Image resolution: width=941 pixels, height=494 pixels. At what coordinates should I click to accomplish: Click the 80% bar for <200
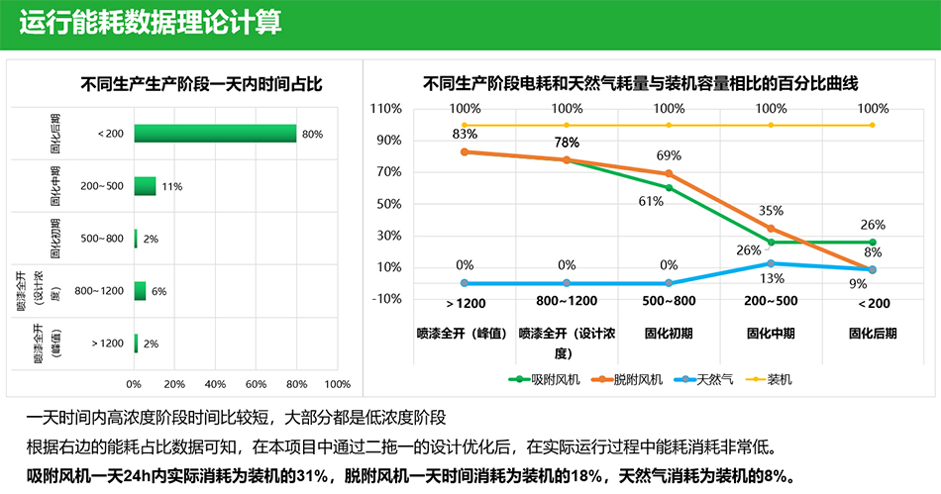coord(215,134)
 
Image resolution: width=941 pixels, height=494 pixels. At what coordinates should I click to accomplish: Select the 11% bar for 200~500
coord(145,186)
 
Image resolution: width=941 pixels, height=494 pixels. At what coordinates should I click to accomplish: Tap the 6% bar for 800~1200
coord(140,291)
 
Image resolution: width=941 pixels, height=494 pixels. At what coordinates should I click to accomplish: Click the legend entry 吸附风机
coord(545,379)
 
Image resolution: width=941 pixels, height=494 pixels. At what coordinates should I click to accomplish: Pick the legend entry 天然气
coord(703,379)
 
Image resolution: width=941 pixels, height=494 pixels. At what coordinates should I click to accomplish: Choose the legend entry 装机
coord(769,379)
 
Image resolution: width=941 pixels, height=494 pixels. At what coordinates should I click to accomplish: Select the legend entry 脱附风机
coord(627,379)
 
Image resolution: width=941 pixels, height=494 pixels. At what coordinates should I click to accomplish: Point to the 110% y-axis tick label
coord(386,109)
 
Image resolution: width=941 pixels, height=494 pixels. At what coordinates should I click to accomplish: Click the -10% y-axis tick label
coord(386,299)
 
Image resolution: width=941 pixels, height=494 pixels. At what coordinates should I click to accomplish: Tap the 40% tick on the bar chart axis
coord(215,384)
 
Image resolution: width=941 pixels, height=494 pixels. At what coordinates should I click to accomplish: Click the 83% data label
coord(465,134)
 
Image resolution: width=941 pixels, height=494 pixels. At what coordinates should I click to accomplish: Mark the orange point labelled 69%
coord(669,174)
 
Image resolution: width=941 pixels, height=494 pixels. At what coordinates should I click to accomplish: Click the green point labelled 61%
coord(669,188)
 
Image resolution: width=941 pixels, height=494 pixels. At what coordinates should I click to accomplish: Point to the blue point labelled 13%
coord(771,263)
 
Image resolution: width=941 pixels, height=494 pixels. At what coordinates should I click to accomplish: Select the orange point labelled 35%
coord(771,229)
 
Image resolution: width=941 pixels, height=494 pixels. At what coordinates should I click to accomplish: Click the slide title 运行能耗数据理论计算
coord(150,23)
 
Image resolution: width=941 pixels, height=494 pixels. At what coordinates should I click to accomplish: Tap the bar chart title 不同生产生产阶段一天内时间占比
coord(202,84)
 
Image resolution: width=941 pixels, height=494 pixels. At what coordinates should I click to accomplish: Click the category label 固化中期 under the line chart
coord(771,334)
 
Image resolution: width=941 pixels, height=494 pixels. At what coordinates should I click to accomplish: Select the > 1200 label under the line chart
coord(466,303)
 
